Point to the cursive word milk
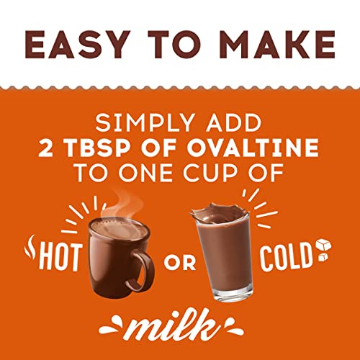181,330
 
